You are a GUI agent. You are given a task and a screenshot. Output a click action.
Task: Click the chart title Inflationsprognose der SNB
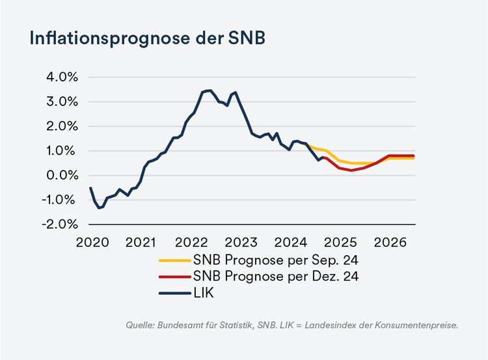coord(146,38)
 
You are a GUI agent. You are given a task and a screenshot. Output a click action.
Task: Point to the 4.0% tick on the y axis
coord(59,77)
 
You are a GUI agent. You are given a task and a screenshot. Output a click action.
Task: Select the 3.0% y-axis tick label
coord(59,102)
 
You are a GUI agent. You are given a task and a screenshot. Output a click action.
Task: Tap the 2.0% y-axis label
coord(59,126)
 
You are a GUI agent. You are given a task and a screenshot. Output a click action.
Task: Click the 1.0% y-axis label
coord(59,150)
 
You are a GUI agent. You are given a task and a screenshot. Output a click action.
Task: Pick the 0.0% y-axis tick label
coord(59,175)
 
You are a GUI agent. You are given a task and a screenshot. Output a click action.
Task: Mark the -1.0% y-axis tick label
coord(58,200)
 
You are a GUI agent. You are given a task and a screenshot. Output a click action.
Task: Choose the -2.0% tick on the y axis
coord(58,224)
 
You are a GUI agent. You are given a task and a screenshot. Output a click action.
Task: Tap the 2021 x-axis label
coord(141,243)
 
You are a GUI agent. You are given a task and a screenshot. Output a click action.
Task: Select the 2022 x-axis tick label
coord(190,243)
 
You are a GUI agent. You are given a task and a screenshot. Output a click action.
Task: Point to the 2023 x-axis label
coord(240,243)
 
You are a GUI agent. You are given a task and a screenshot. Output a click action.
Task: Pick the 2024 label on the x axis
coord(290,243)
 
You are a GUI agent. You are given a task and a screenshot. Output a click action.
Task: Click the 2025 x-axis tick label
coord(340,243)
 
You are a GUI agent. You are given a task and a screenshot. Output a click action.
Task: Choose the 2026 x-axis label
coord(390,243)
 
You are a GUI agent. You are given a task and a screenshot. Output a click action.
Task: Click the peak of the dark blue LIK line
coord(209,90)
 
